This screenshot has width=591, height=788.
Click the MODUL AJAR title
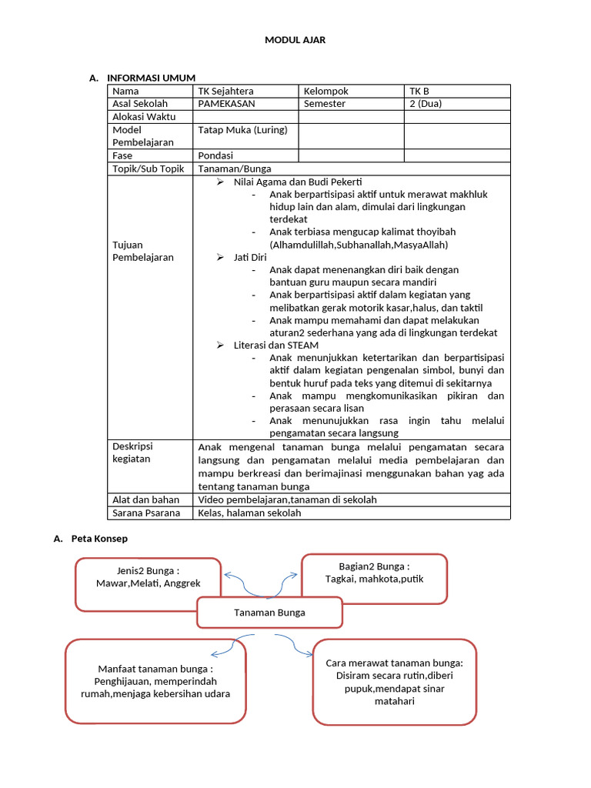point(295,40)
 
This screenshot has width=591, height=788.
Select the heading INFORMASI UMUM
point(151,78)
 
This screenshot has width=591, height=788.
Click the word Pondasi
point(215,155)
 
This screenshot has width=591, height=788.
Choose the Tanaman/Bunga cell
point(235,169)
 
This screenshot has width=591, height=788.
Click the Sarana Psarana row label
point(146,513)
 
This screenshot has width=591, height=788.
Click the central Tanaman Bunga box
point(269,613)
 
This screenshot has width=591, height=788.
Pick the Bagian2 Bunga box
point(374,579)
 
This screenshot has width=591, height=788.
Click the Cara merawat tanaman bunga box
point(394,682)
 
